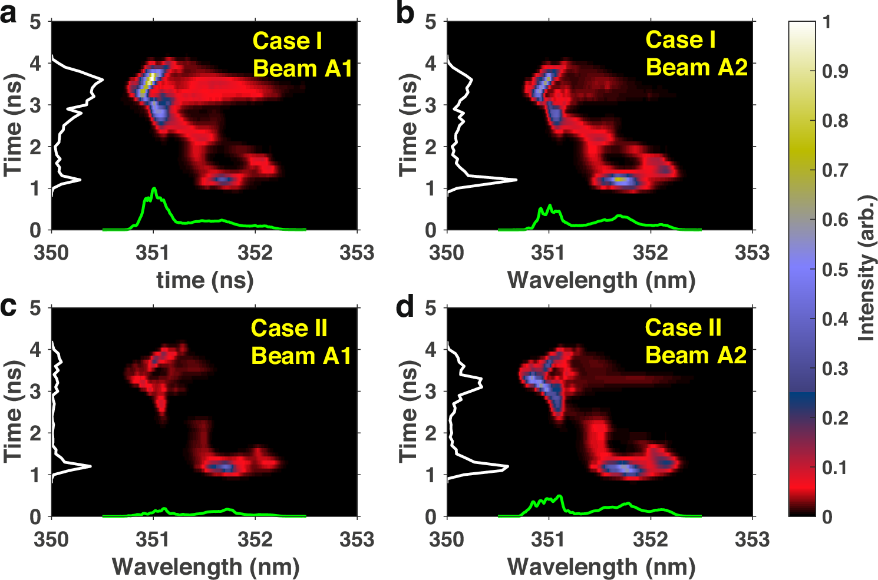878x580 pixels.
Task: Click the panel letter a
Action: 9,13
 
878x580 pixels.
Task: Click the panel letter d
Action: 405,307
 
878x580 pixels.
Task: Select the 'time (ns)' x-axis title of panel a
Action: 205,280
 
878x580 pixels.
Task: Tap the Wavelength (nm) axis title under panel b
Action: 601,280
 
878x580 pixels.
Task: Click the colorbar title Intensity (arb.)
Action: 866,268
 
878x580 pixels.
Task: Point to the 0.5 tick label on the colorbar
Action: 835,270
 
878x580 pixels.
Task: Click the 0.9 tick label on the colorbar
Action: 835,71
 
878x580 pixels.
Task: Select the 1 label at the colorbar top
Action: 827,22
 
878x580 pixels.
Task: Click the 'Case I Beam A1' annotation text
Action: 302,55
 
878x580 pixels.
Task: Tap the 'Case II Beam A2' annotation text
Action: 695,342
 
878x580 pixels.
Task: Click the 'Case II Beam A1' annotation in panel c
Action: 301,342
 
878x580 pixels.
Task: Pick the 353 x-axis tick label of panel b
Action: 752,253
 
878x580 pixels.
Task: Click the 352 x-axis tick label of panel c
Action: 255,539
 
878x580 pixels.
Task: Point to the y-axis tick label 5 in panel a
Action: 36,22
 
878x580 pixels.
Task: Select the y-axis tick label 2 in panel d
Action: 431,433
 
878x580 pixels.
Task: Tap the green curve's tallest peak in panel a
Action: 154,189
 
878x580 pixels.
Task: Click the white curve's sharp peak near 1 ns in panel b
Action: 516,180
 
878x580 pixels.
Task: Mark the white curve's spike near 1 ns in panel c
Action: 91,466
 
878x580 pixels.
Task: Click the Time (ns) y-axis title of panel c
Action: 13,412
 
